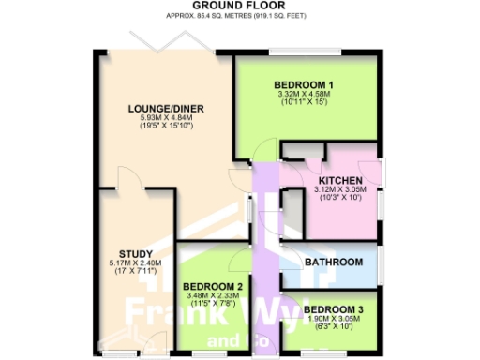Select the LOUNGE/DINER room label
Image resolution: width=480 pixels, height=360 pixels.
pos(166,109)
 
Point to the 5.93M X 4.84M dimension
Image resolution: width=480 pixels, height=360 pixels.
pos(166,118)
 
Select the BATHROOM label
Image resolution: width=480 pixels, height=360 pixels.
pos(334,262)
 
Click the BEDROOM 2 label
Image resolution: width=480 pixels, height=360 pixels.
pos(213,287)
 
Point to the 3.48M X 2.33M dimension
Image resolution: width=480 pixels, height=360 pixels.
pos(213,296)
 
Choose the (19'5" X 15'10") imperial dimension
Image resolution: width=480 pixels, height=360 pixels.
pos(166,127)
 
